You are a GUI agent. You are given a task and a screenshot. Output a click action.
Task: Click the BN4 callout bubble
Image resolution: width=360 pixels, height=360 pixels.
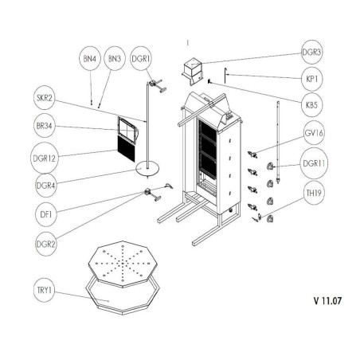(x=89, y=59)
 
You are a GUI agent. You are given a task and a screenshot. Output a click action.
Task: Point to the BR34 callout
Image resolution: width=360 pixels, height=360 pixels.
(x=43, y=127)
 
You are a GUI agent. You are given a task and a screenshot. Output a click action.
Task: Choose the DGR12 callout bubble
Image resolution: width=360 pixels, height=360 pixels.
(x=43, y=157)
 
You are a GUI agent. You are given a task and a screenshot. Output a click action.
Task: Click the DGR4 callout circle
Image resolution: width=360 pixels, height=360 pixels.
(x=43, y=185)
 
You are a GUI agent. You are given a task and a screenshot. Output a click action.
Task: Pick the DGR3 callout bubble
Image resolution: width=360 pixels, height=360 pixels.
(x=312, y=53)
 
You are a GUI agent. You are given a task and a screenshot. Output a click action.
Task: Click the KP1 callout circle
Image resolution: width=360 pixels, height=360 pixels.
(x=312, y=80)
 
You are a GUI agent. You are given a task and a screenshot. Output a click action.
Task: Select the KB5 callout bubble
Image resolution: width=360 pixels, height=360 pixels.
(x=312, y=105)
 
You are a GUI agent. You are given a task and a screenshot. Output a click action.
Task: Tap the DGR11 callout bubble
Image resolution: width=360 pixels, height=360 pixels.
(x=312, y=164)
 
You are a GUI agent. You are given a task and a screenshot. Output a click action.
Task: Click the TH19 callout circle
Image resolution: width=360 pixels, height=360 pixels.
(x=312, y=194)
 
